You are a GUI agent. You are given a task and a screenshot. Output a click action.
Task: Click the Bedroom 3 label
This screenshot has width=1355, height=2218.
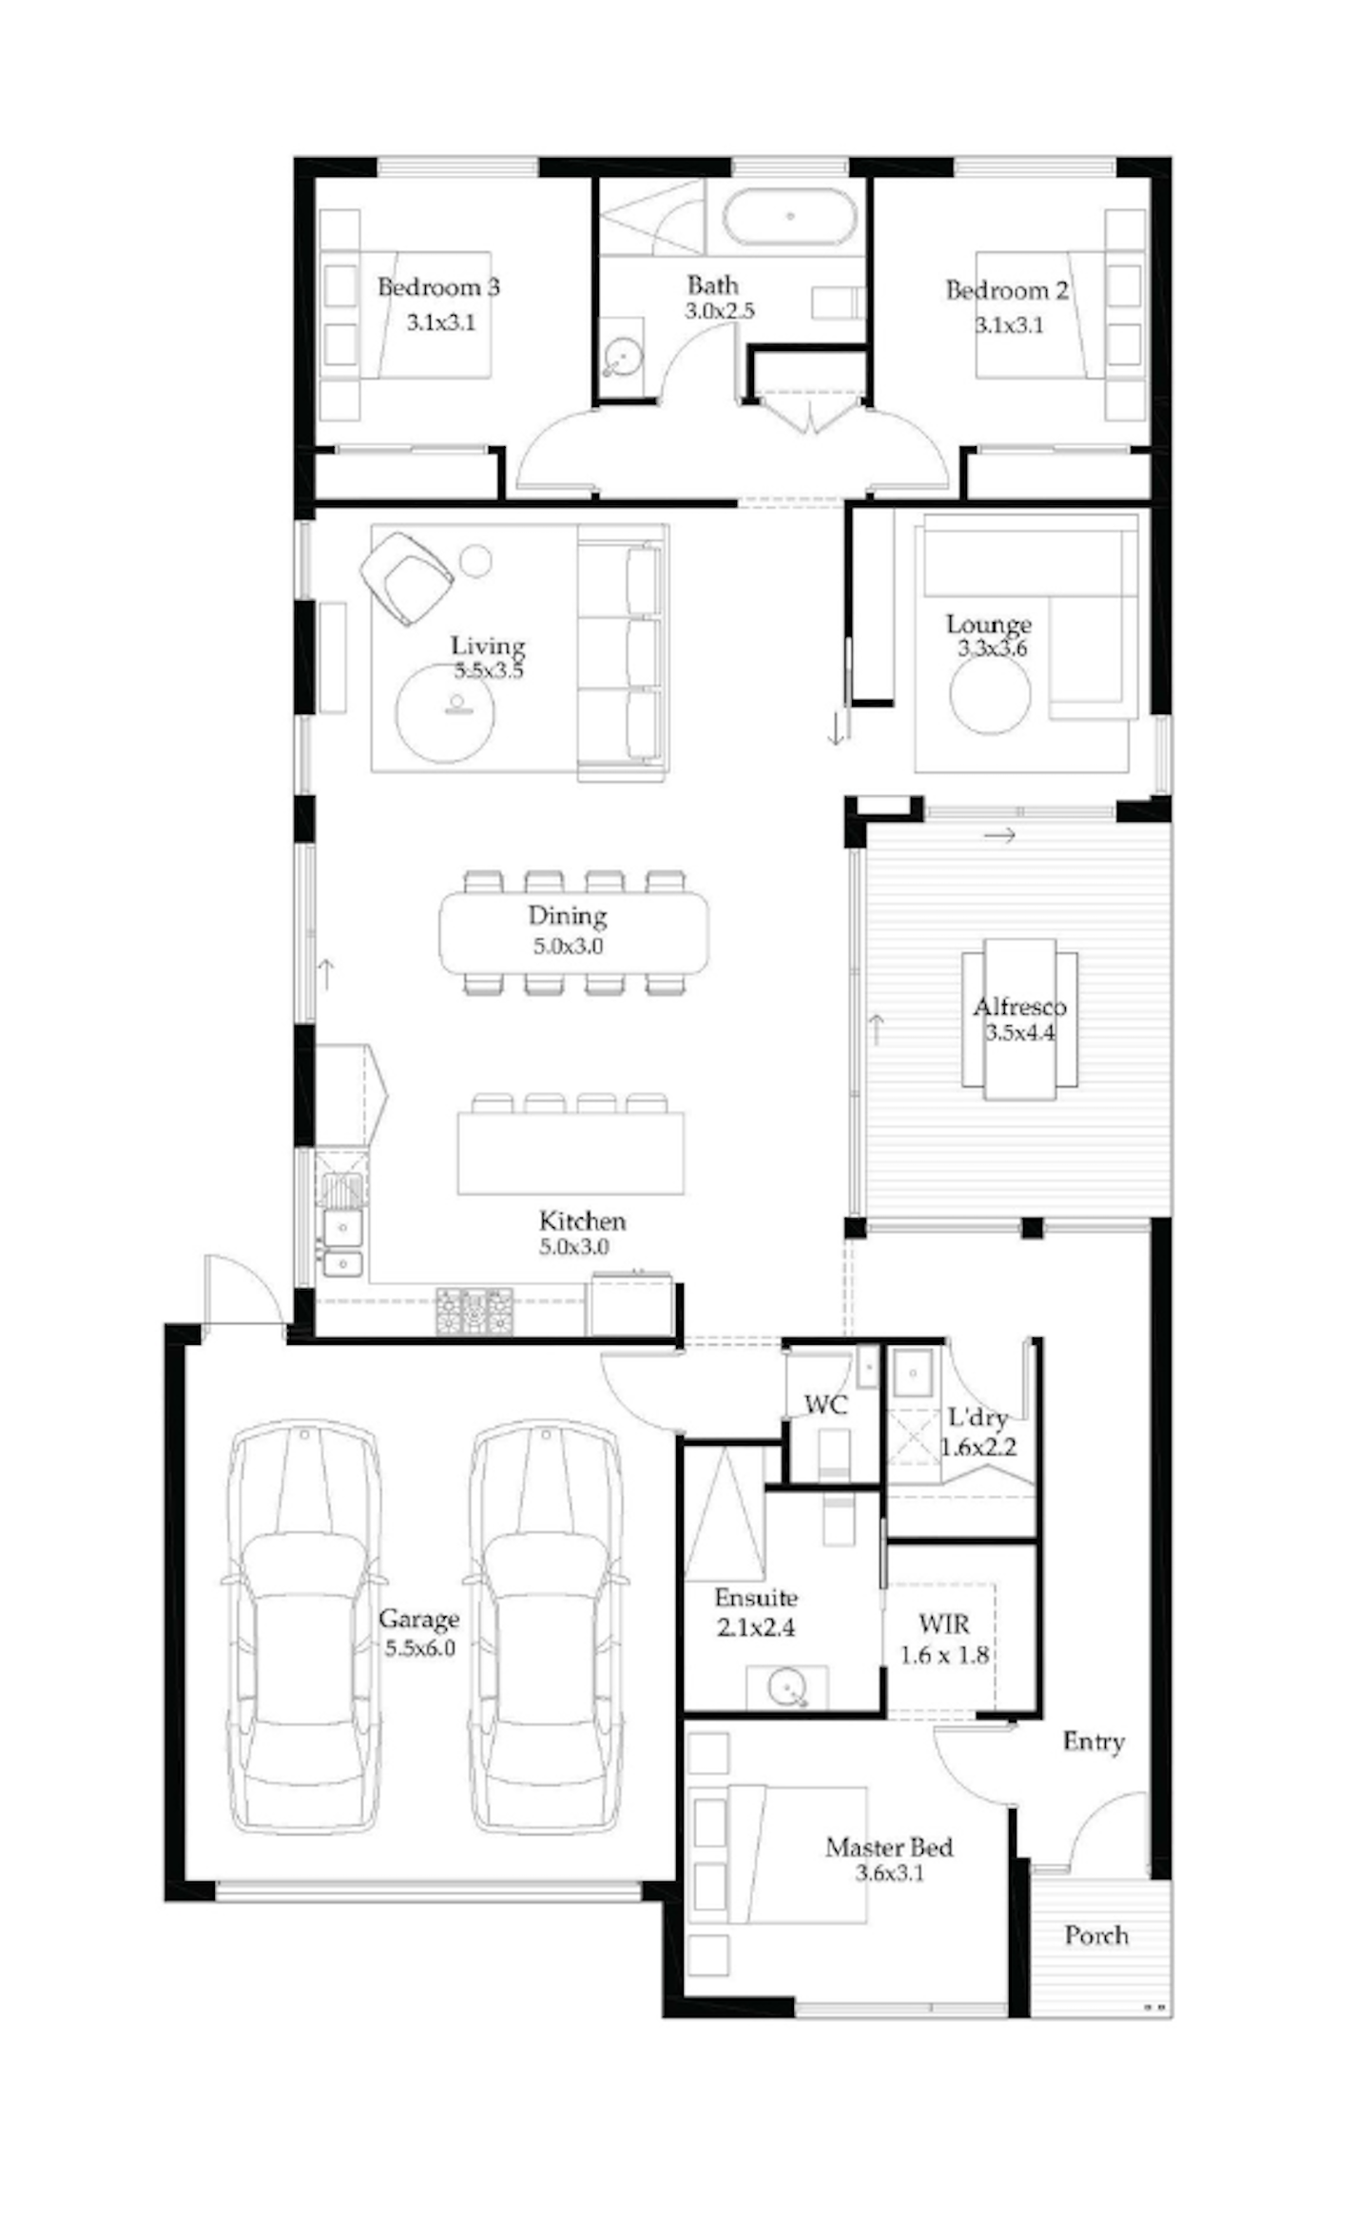click(438, 287)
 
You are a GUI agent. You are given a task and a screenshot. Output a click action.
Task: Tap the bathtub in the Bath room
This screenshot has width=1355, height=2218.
click(789, 216)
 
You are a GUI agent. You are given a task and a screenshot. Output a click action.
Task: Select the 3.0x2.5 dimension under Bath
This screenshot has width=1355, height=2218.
click(720, 311)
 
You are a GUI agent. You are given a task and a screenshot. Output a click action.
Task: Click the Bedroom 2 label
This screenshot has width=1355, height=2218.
click(1007, 290)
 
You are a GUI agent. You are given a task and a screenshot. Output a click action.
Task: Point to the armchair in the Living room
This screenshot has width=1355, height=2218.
click(406, 577)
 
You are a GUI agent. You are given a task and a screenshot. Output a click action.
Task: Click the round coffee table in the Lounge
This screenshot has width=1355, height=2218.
click(990, 693)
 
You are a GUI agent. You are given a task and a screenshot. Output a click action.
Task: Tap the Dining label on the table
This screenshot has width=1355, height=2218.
click(568, 916)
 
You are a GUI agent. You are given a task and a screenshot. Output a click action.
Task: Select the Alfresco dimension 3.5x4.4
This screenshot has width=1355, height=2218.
click(1019, 1033)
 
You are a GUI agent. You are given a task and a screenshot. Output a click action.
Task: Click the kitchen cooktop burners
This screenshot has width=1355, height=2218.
click(474, 1312)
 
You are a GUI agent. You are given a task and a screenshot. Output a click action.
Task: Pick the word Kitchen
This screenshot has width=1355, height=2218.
click(583, 1220)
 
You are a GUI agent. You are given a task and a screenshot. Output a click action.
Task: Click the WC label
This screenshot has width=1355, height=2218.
click(825, 1405)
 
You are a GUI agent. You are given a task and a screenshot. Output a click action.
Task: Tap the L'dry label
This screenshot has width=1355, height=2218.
click(978, 1418)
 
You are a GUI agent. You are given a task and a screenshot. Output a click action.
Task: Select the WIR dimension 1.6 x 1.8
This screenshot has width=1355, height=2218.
click(944, 1655)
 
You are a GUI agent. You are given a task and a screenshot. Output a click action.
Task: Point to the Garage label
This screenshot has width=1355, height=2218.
click(418, 1619)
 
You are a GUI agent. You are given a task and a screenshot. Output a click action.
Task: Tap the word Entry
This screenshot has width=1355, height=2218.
click(1094, 1741)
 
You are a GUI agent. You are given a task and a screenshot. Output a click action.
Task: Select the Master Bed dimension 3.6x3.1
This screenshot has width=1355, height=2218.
click(890, 1874)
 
